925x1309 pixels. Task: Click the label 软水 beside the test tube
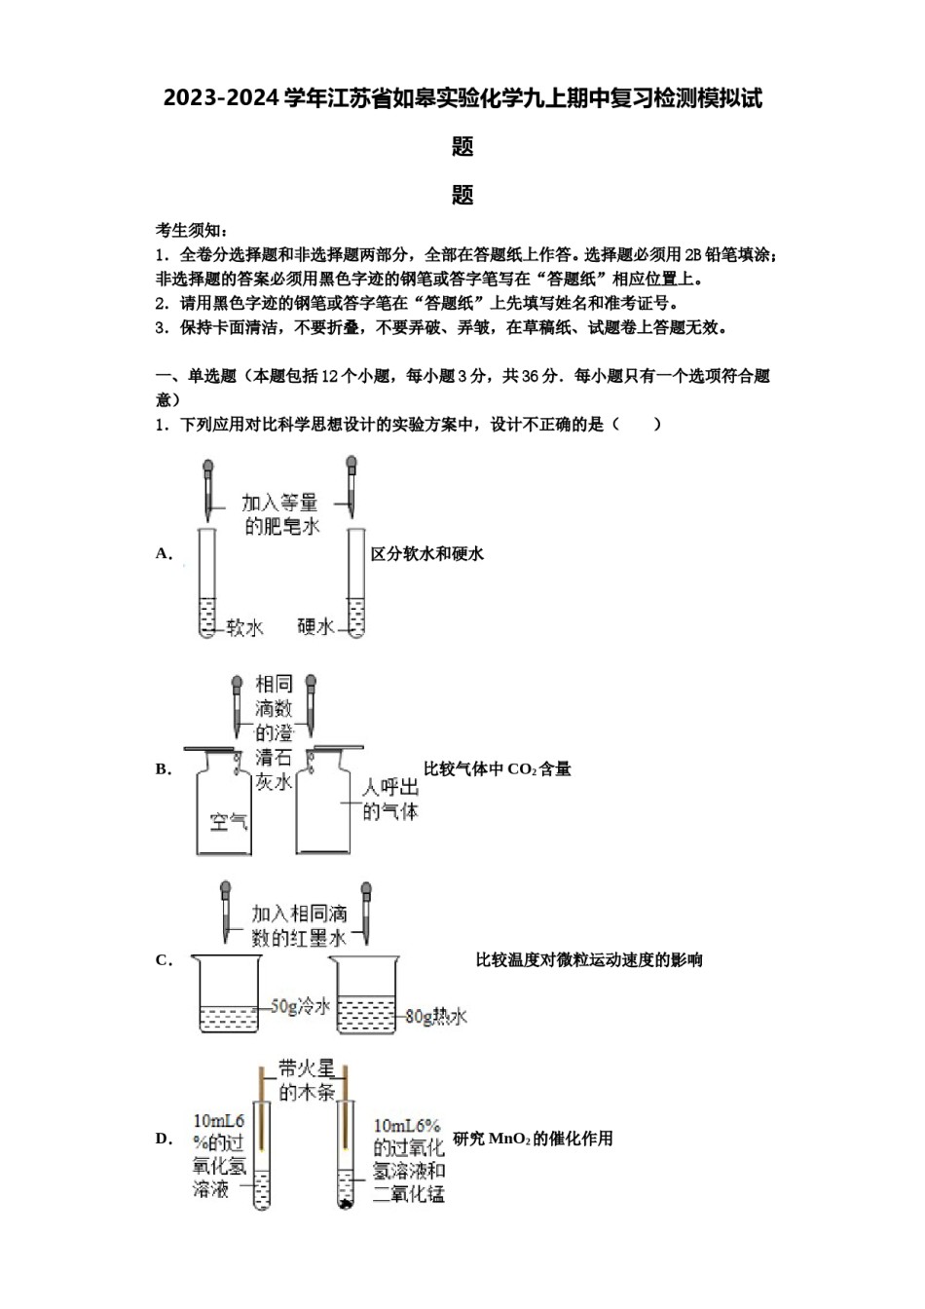[x=245, y=628]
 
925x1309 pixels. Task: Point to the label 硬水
[x=315, y=626]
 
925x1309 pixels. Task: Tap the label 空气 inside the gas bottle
[x=229, y=822]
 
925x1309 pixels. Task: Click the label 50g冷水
[x=300, y=1006]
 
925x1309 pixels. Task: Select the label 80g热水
[x=436, y=1017]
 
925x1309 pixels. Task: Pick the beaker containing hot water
[x=365, y=994]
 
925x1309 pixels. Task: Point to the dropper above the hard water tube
[x=351, y=487]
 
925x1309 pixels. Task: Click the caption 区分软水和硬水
[x=427, y=553]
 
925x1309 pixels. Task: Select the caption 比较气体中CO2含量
[x=498, y=769]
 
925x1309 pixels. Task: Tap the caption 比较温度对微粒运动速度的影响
[x=589, y=960]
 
